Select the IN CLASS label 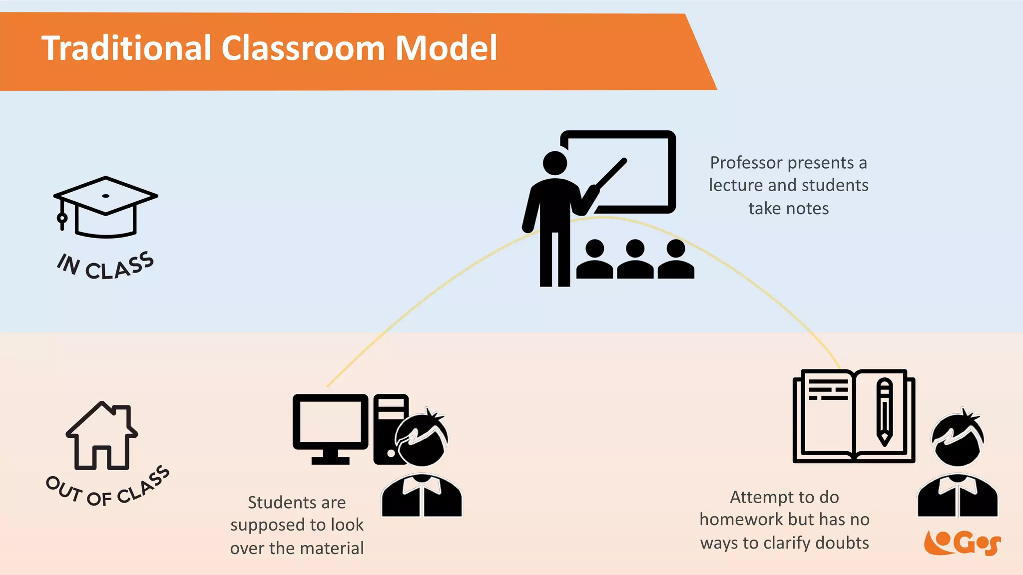[x=105, y=266]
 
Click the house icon [x=102, y=436]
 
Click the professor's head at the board [x=555, y=163]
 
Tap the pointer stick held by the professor [x=610, y=175]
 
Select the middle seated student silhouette [x=635, y=260]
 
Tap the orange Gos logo [x=962, y=543]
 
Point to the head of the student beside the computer [x=423, y=440]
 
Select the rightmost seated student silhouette [x=676, y=260]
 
